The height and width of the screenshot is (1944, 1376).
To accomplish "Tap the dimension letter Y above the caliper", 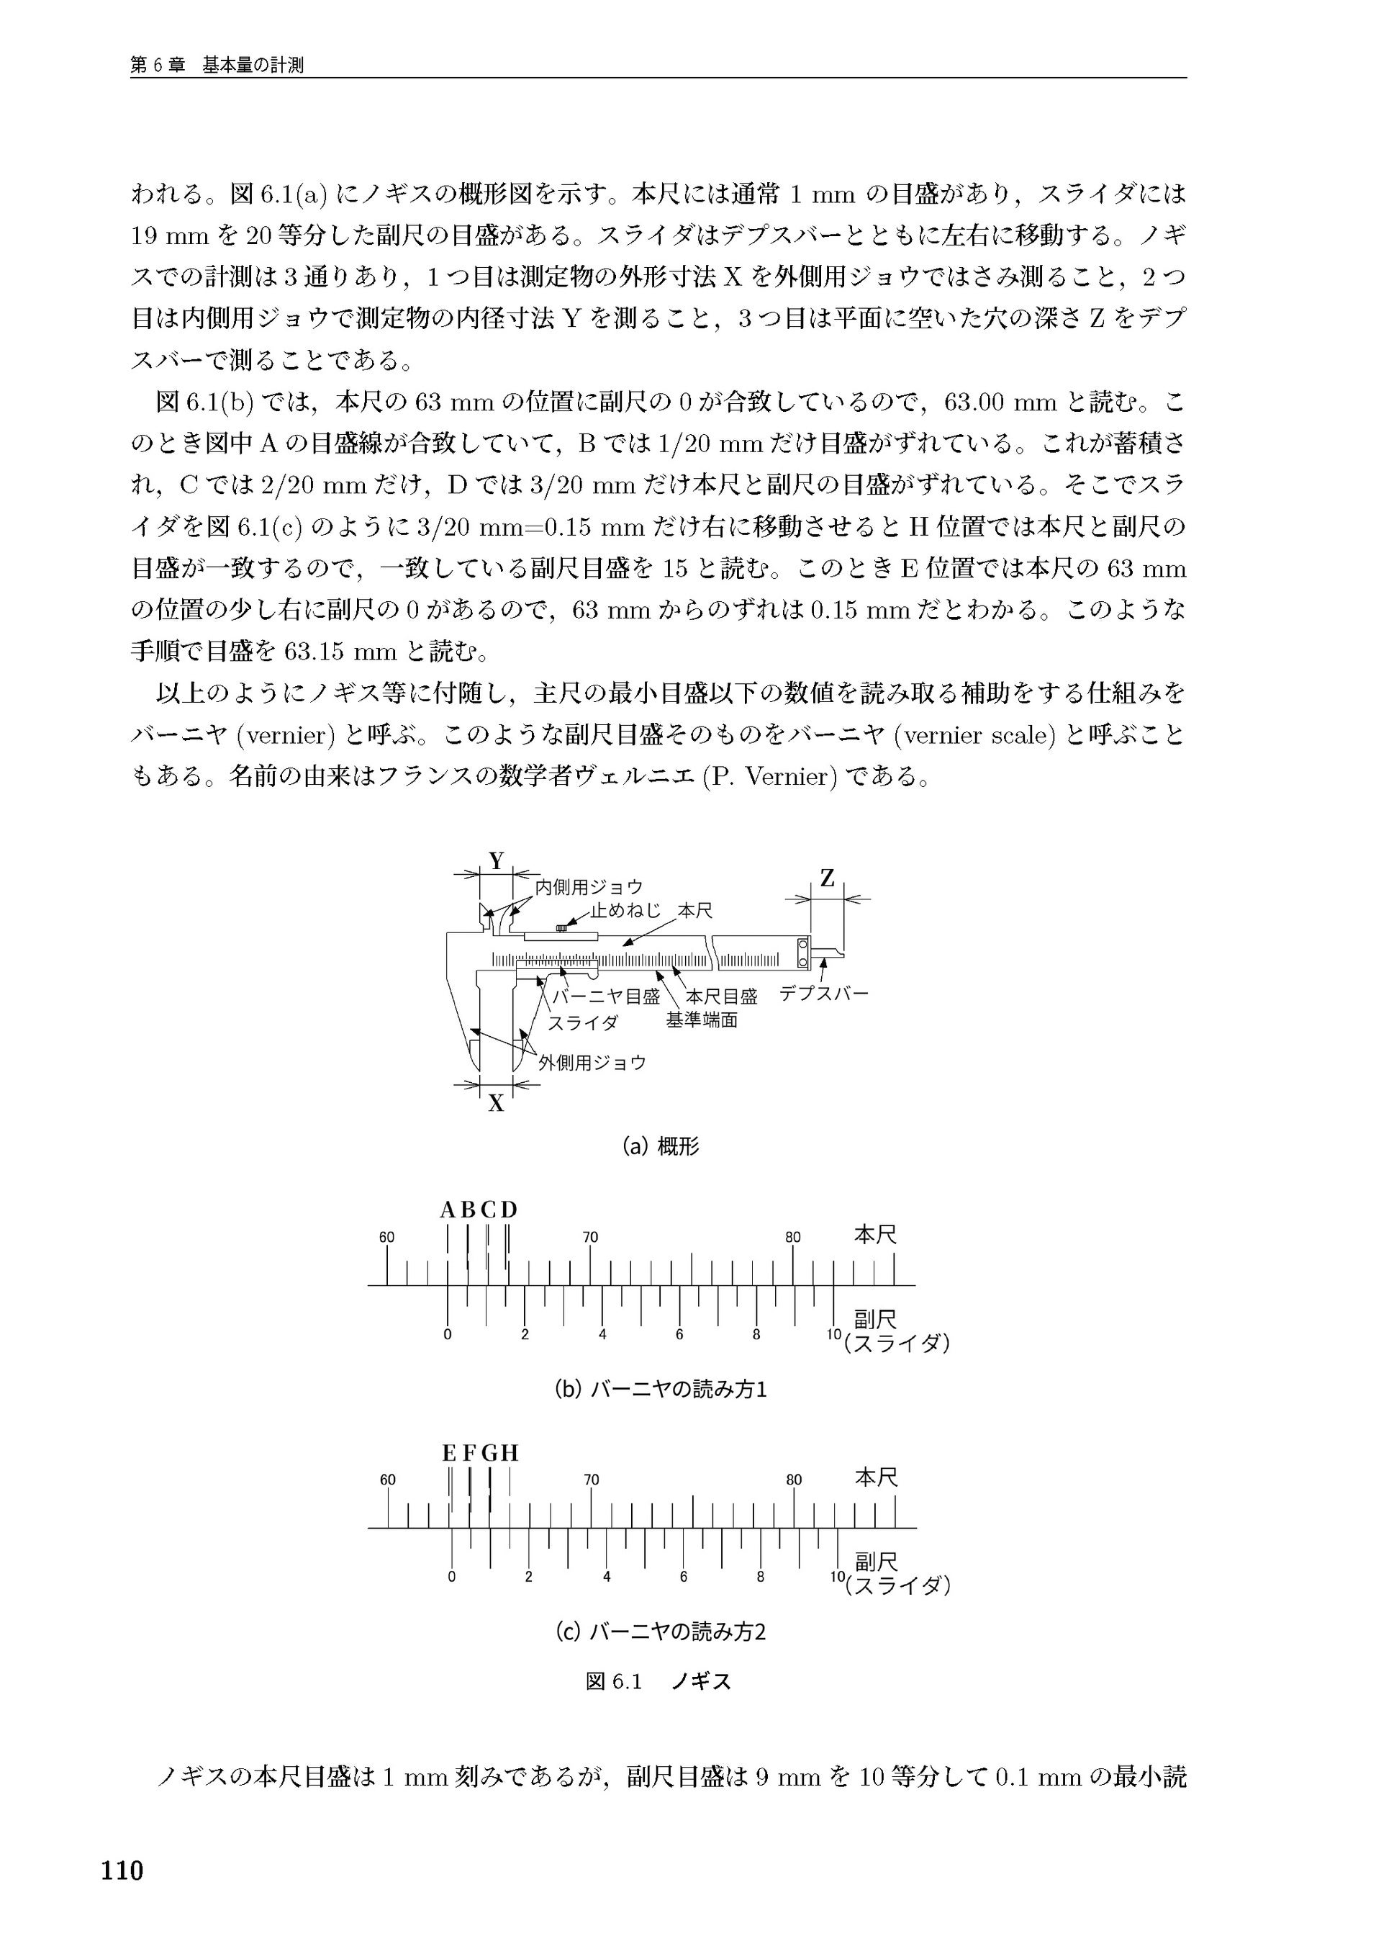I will pos(497,861).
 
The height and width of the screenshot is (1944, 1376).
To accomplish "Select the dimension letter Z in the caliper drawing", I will pos(827,879).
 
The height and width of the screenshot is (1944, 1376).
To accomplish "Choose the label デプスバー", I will pos(823,993).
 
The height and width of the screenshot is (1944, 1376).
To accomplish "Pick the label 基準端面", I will pos(702,1021).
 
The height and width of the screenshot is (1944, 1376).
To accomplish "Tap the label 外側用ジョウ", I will pos(592,1063).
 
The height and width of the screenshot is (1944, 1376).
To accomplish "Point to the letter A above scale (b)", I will pos(448,1210).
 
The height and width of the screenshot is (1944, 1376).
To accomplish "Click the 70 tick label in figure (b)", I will pos(591,1237).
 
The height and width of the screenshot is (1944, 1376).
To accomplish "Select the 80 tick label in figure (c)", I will pos(794,1480).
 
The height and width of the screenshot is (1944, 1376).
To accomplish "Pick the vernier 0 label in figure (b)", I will pos(448,1335).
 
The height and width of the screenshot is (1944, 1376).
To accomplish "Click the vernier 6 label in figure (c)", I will pos(683,1578).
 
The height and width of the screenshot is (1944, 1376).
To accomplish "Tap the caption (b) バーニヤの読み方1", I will pos(660,1390).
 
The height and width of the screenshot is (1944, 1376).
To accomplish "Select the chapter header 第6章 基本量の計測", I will pos(217,66).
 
